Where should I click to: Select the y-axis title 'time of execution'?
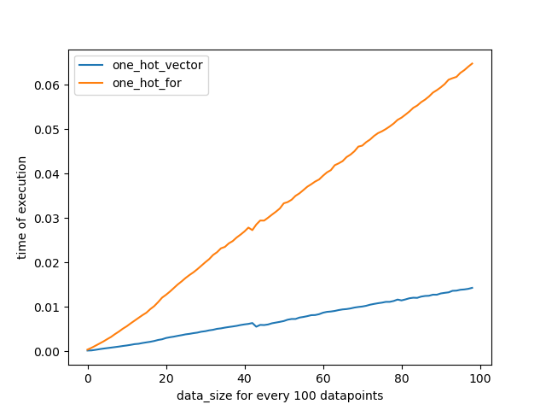coord(23,208)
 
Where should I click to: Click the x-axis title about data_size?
coord(280,395)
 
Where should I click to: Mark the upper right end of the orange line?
coord(473,63)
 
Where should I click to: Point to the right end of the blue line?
coord(473,288)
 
